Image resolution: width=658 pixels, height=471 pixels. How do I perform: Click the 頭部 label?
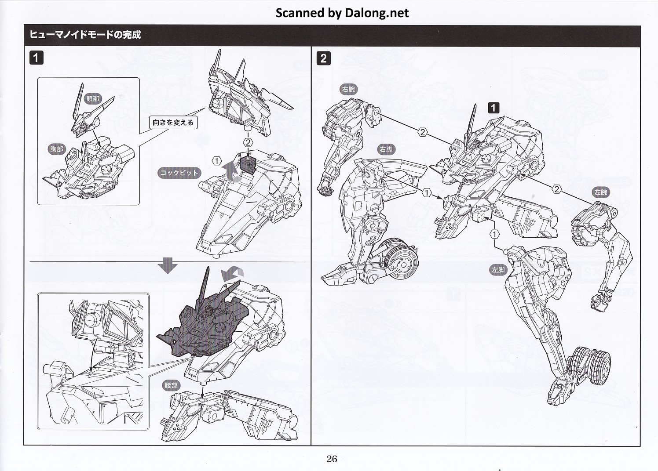tap(93, 99)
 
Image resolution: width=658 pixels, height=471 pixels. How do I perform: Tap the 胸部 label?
tap(57, 149)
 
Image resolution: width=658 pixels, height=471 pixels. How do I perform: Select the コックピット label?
tap(179, 173)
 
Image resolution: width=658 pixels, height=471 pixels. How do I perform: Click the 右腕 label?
tap(348, 90)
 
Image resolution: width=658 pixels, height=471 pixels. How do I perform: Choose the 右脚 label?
tap(386, 149)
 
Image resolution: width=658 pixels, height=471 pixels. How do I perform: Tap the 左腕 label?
tap(600, 192)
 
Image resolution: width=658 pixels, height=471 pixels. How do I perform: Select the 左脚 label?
tap(498, 270)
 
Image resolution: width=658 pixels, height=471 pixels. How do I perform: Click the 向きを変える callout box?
tap(173, 123)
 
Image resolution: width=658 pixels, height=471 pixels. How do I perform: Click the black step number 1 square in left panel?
tap(36, 58)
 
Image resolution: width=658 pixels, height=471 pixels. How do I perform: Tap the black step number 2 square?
tap(323, 58)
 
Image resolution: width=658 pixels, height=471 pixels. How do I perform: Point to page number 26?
tap(332, 459)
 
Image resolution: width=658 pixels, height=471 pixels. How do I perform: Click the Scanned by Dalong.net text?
tap(342, 13)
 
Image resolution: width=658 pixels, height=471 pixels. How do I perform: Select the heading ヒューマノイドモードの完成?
tap(85, 35)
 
